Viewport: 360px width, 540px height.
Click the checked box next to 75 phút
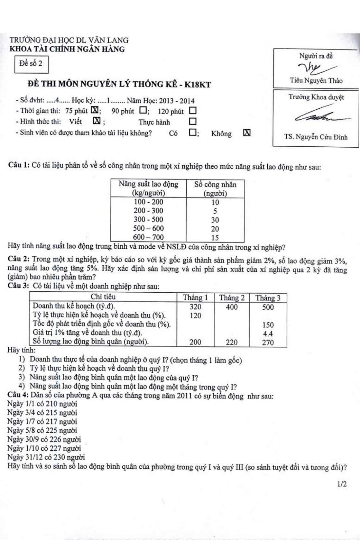click(x=95, y=110)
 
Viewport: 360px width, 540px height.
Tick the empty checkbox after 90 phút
click(x=143, y=110)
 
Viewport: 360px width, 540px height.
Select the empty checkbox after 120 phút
click(x=192, y=111)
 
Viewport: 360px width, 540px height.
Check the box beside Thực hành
click(x=192, y=122)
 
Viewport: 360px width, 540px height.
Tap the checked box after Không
click(x=247, y=133)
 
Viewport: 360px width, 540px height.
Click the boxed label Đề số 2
click(x=31, y=64)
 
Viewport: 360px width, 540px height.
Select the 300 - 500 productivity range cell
click(x=148, y=220)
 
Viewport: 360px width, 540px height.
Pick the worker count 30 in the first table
click(x=215, y=220)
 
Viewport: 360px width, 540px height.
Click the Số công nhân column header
click(x=215, y=189)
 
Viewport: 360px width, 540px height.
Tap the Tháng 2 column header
click(x=232, y=298)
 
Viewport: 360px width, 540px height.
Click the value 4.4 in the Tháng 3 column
click(x=268, y=334)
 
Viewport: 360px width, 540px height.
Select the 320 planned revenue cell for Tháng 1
click(x=195, y=307)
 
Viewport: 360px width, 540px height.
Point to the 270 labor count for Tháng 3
click(x=268, y=343)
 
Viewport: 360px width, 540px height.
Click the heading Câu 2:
click(x=18, y=260)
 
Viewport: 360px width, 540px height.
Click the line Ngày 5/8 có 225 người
click(x=42, y=430)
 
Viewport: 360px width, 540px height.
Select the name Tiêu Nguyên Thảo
click(x=316, y=80)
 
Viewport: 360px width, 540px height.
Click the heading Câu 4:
click(x=18, y=395)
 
